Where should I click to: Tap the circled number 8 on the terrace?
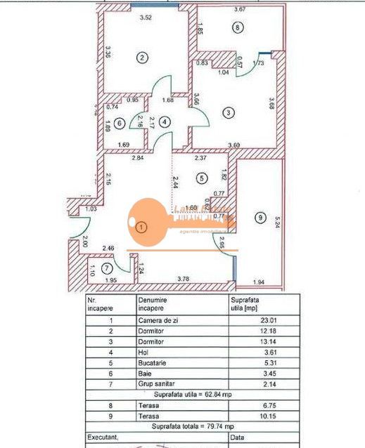238,28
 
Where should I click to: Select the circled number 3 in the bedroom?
229,112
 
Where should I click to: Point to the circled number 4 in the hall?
165,121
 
